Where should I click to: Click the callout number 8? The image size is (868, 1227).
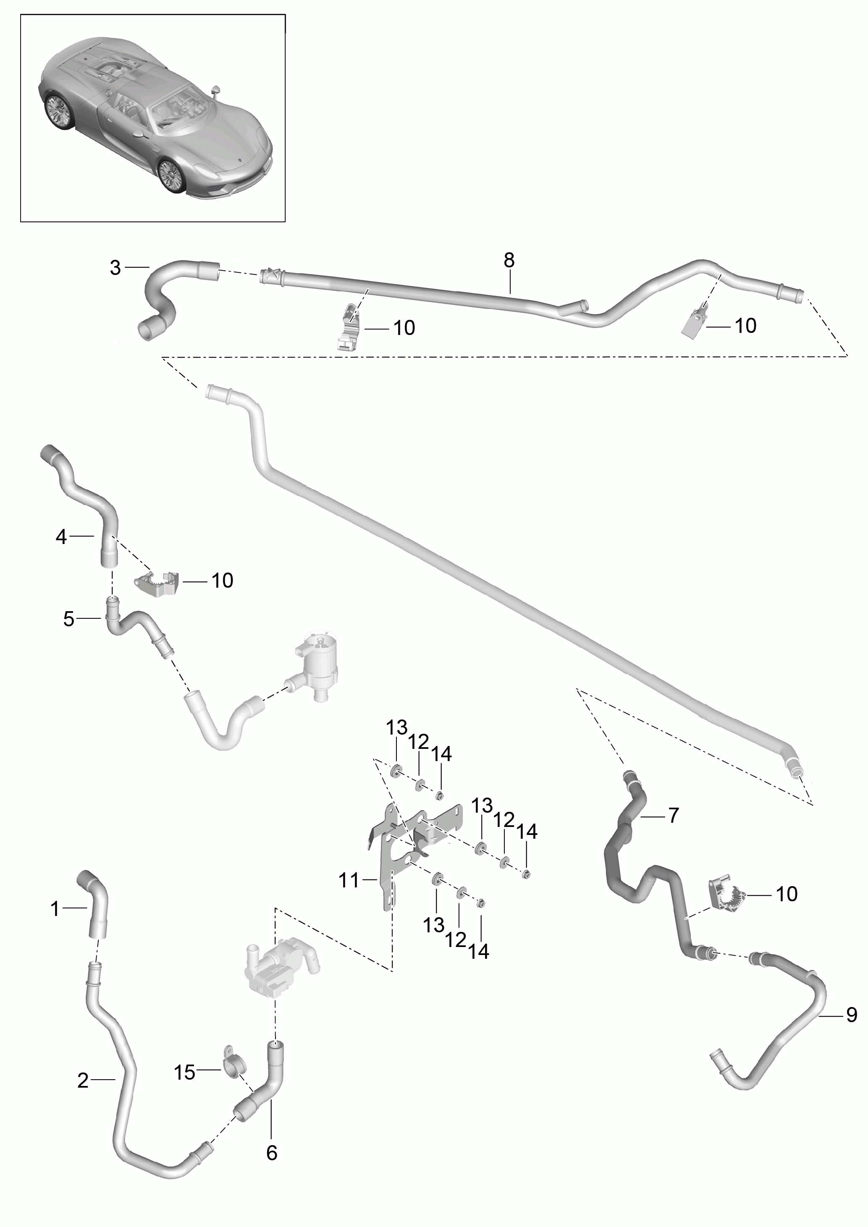click(x=509, y=260)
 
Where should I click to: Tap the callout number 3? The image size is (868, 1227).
click(x=115, y=268)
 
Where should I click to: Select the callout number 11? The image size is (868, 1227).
click(x=349, y=880)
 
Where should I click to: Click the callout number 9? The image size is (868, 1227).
click(x=852, y=1014)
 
